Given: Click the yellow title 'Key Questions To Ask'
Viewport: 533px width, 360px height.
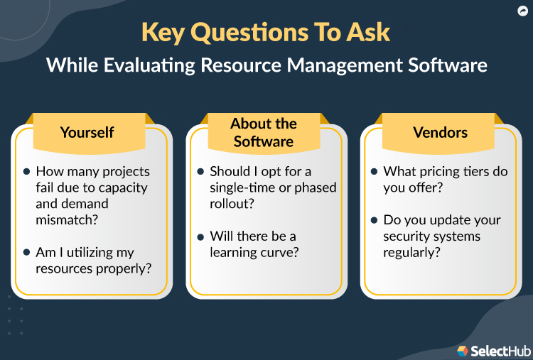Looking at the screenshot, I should point(266,33).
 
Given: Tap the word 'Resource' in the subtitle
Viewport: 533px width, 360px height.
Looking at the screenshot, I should point(236,65).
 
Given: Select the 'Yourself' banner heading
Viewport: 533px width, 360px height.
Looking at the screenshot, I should point(87,132).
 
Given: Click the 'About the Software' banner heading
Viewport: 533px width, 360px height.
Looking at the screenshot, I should point(264,133).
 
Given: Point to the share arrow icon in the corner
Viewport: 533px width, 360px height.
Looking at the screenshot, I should point(520,11).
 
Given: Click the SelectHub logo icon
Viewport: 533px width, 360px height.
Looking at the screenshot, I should point(463,350).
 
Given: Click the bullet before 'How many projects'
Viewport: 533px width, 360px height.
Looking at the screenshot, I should point(26,172).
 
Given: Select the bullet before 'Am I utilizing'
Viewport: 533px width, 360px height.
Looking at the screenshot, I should point(26,253).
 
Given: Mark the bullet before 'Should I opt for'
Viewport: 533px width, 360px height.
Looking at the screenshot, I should point(200,172).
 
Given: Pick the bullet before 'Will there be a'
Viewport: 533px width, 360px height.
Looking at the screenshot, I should point(200,236).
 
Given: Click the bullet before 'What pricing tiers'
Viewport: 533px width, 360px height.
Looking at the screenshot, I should point(375,172).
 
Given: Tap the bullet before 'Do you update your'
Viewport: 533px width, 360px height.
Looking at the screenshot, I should point(375,220).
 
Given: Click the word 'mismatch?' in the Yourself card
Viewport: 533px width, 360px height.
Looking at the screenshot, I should point(67,220).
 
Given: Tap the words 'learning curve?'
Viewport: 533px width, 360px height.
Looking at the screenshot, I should point(253,252).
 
